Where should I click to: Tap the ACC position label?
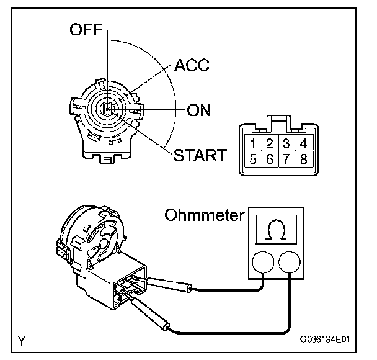point(192,66)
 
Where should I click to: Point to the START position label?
point(200,155)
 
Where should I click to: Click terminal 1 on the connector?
point(253,144)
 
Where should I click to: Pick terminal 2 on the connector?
point(270,144)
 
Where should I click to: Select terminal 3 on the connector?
point(286,144)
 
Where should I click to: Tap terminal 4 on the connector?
point(303,144)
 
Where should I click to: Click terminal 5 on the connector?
point(253,158)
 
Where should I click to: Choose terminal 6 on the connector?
point(270,158)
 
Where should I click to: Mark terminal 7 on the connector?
point(286,158)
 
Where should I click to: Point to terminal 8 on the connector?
point(303,158)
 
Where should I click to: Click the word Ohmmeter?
point(203,215)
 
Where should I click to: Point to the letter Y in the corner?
point(22,340)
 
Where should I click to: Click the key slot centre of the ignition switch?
point(107,110)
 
